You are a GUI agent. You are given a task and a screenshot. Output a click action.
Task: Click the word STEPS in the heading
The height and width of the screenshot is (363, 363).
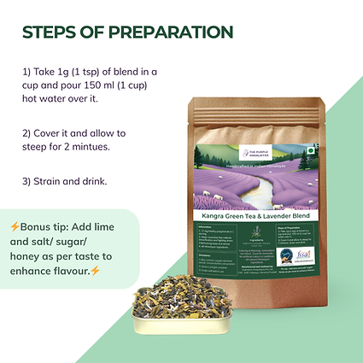49,32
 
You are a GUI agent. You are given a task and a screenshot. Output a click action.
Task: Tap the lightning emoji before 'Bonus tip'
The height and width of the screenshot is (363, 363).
15,226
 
